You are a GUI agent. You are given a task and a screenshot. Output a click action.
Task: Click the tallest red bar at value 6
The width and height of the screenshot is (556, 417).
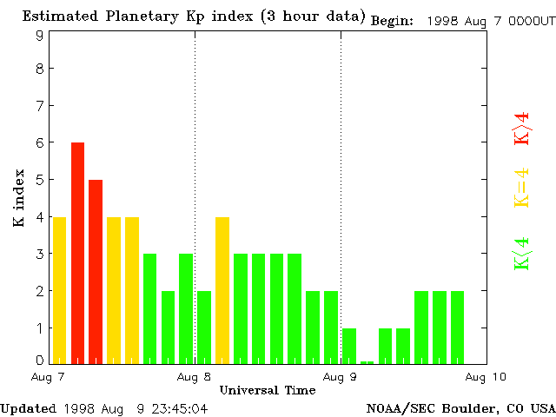[x=77, y=252]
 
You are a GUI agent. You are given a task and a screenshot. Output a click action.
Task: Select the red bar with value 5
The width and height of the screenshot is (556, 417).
[x=96, y=271]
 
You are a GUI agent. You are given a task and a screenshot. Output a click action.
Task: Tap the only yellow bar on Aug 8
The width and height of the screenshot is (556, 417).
[x=222, y=289]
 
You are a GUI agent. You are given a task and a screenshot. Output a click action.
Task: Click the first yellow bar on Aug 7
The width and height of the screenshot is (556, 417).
[x=59, y=289]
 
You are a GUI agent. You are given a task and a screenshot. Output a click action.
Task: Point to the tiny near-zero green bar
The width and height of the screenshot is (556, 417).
[x=367, y=361]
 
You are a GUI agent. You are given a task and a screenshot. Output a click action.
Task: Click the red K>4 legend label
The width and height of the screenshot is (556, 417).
[x=521, y=128]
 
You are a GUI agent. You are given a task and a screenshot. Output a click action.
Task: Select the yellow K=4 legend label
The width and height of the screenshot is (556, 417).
[x=521, y=188]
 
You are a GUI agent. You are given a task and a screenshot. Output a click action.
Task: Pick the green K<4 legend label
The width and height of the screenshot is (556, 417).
[x=521, y=253]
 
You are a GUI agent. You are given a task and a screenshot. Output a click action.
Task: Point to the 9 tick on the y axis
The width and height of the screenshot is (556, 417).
[x=40, y=36]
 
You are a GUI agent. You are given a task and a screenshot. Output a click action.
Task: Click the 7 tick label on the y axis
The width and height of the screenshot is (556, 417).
[x=40, y=106]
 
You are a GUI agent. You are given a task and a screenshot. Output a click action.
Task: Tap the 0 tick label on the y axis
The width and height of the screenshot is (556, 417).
[x=40, y=360]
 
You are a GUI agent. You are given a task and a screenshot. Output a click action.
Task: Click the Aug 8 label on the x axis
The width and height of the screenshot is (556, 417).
[x=195, y=377]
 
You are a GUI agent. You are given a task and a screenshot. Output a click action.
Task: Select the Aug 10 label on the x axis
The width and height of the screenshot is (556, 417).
[x=486, y=377]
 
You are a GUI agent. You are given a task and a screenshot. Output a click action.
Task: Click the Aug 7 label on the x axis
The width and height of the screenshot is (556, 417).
[x=49, y=377]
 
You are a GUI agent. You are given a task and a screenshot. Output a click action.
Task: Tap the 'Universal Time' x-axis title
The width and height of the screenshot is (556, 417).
[x=268, y=390]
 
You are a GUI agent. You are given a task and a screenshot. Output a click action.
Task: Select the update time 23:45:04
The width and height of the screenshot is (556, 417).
[x=177, y=407]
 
